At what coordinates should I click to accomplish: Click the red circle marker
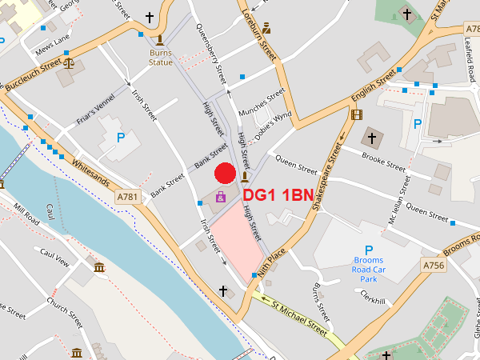(x=225, y=173)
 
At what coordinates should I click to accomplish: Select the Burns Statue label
(x=161, y=58)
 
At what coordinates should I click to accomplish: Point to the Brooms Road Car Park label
(x=369, y=270)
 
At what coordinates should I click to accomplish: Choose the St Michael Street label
(x=300, y=315)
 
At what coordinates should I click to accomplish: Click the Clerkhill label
(x=374, y=300)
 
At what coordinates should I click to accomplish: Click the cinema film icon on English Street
(x=356, y=114)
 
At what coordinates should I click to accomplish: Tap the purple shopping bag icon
(x=221, y=196)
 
